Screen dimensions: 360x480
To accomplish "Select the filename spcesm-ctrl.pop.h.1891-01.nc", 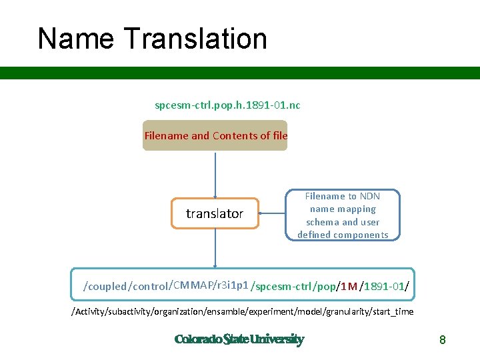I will (x=227, y=105).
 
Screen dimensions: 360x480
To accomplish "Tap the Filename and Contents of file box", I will (x=215, y=135).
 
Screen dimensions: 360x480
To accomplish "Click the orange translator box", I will (x=215, y=213).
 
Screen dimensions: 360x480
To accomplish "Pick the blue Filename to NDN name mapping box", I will (x=343, y=215).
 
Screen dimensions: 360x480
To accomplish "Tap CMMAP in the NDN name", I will (x=190, y=285).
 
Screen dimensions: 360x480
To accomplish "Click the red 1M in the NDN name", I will (x=349, y=287).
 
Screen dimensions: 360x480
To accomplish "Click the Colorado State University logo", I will (x=239, y=339).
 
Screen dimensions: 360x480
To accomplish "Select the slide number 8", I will (x=442, y=340).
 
